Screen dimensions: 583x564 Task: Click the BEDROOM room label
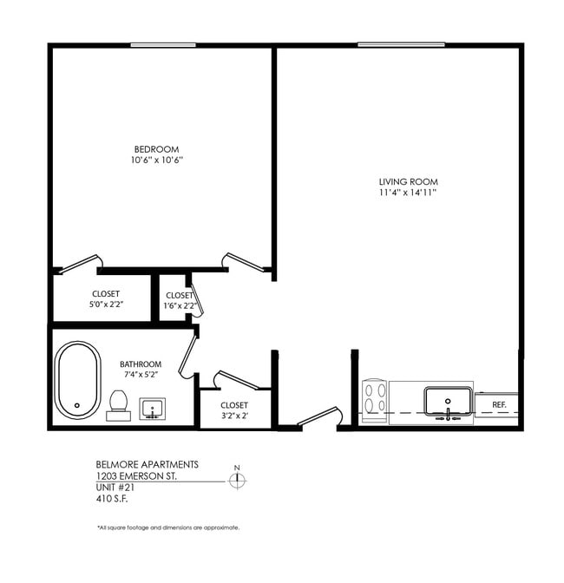pyautogui.click(x=156, y=147)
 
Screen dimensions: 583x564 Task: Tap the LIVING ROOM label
pyautogui.click(x=408, y=181)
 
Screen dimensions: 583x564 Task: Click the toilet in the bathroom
pyautogui.click(x=119, y=403)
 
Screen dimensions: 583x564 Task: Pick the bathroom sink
pyautogui.click(x=154, y=408)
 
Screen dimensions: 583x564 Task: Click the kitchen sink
pyautogui.click(x=448, y=402)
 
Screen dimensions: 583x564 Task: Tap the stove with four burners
pyautogui.click(x=375, y=401)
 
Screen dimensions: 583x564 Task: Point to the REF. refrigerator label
pyautogui.click(x=499, y=404)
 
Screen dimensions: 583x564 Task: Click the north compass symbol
pyautogui.click(x=237, y=479)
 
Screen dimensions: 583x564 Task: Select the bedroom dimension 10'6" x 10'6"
pyautogui.click(x=156, y=160)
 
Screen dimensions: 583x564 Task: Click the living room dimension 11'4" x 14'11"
pyautogui.click(x=408, y=193)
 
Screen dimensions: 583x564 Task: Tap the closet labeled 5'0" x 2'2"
pyautogui.click(x=106, y=305)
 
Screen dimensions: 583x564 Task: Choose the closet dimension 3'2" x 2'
pyautogui.click(x=234, y=416)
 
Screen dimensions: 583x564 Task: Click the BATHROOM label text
pyautogui.click(x=141, y=364)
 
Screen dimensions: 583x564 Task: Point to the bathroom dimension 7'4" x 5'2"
pyautogui.click(x=141, y=375)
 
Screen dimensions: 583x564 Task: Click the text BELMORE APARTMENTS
pyautogui.click(x=147, y=465)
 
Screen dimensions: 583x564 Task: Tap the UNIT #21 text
pyautogui.click(x=115, y=488)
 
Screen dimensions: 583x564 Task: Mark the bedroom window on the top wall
pyautogui.click(x=162, y=44)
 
